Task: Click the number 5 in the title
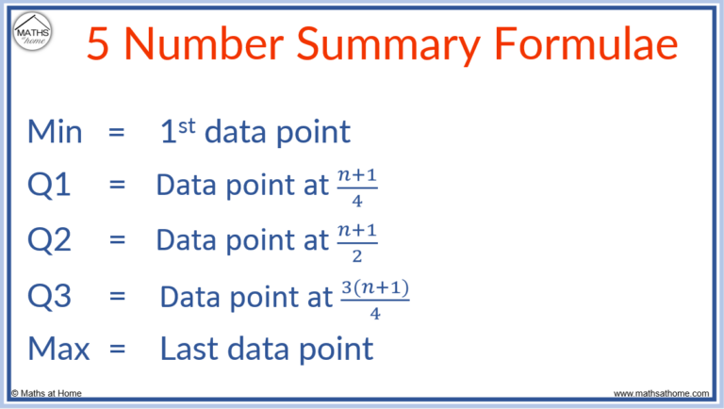point(98,43)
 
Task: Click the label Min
point(55,132)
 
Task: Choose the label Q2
point(50,241)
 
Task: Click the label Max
point(58,350)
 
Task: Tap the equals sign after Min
point(117,133)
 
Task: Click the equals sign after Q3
point(117,297)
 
